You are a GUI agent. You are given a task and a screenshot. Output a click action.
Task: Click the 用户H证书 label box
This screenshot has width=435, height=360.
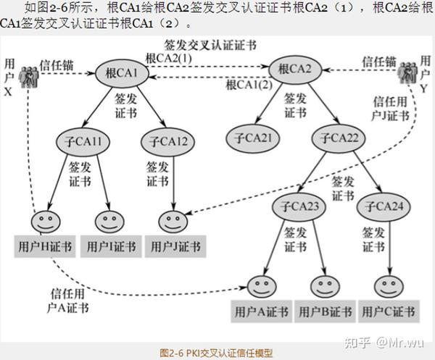pyautogui.click(x=44, y=247)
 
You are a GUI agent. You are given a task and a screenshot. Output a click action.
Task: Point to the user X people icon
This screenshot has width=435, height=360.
pyautogui.click(x=29, y=75)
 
